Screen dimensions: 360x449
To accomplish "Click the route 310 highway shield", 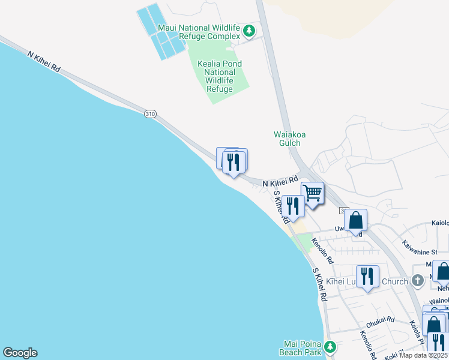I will pos(150,113).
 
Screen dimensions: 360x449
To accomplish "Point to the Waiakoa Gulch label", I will pos(290,139).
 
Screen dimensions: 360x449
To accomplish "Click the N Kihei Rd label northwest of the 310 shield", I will pos(43,62).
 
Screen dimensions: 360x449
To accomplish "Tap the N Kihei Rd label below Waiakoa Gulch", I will pos(280,181).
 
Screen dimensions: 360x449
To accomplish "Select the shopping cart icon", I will pos(312,193).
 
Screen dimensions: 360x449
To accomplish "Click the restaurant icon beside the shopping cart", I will pos(292,206).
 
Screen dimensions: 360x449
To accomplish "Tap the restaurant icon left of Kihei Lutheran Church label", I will pos(367,276).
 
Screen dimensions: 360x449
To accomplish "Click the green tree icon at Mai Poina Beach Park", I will pos(330,346).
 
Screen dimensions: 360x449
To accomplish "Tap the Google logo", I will pos(20,353).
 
